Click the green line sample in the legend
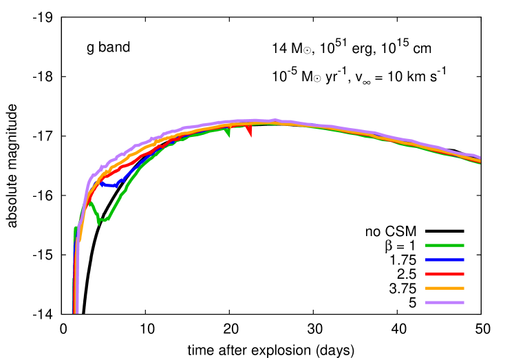coord(445,245)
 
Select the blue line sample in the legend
coord(445,260)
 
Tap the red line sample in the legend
coord(445,274)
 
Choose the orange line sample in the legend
coord(445,288)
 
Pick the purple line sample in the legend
coord(445,302)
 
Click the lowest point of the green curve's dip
coord(99,222)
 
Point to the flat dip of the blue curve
coord(109,185)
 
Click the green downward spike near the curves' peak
coord(228,134)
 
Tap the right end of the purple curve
coord(480,158)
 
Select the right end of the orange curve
coord(480,161)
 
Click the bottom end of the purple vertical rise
coord(76,311)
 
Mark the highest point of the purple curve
coord(274,120)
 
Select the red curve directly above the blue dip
coord(110,174)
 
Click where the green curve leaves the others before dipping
coord(89,202)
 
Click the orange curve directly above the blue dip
coord(110,169)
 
